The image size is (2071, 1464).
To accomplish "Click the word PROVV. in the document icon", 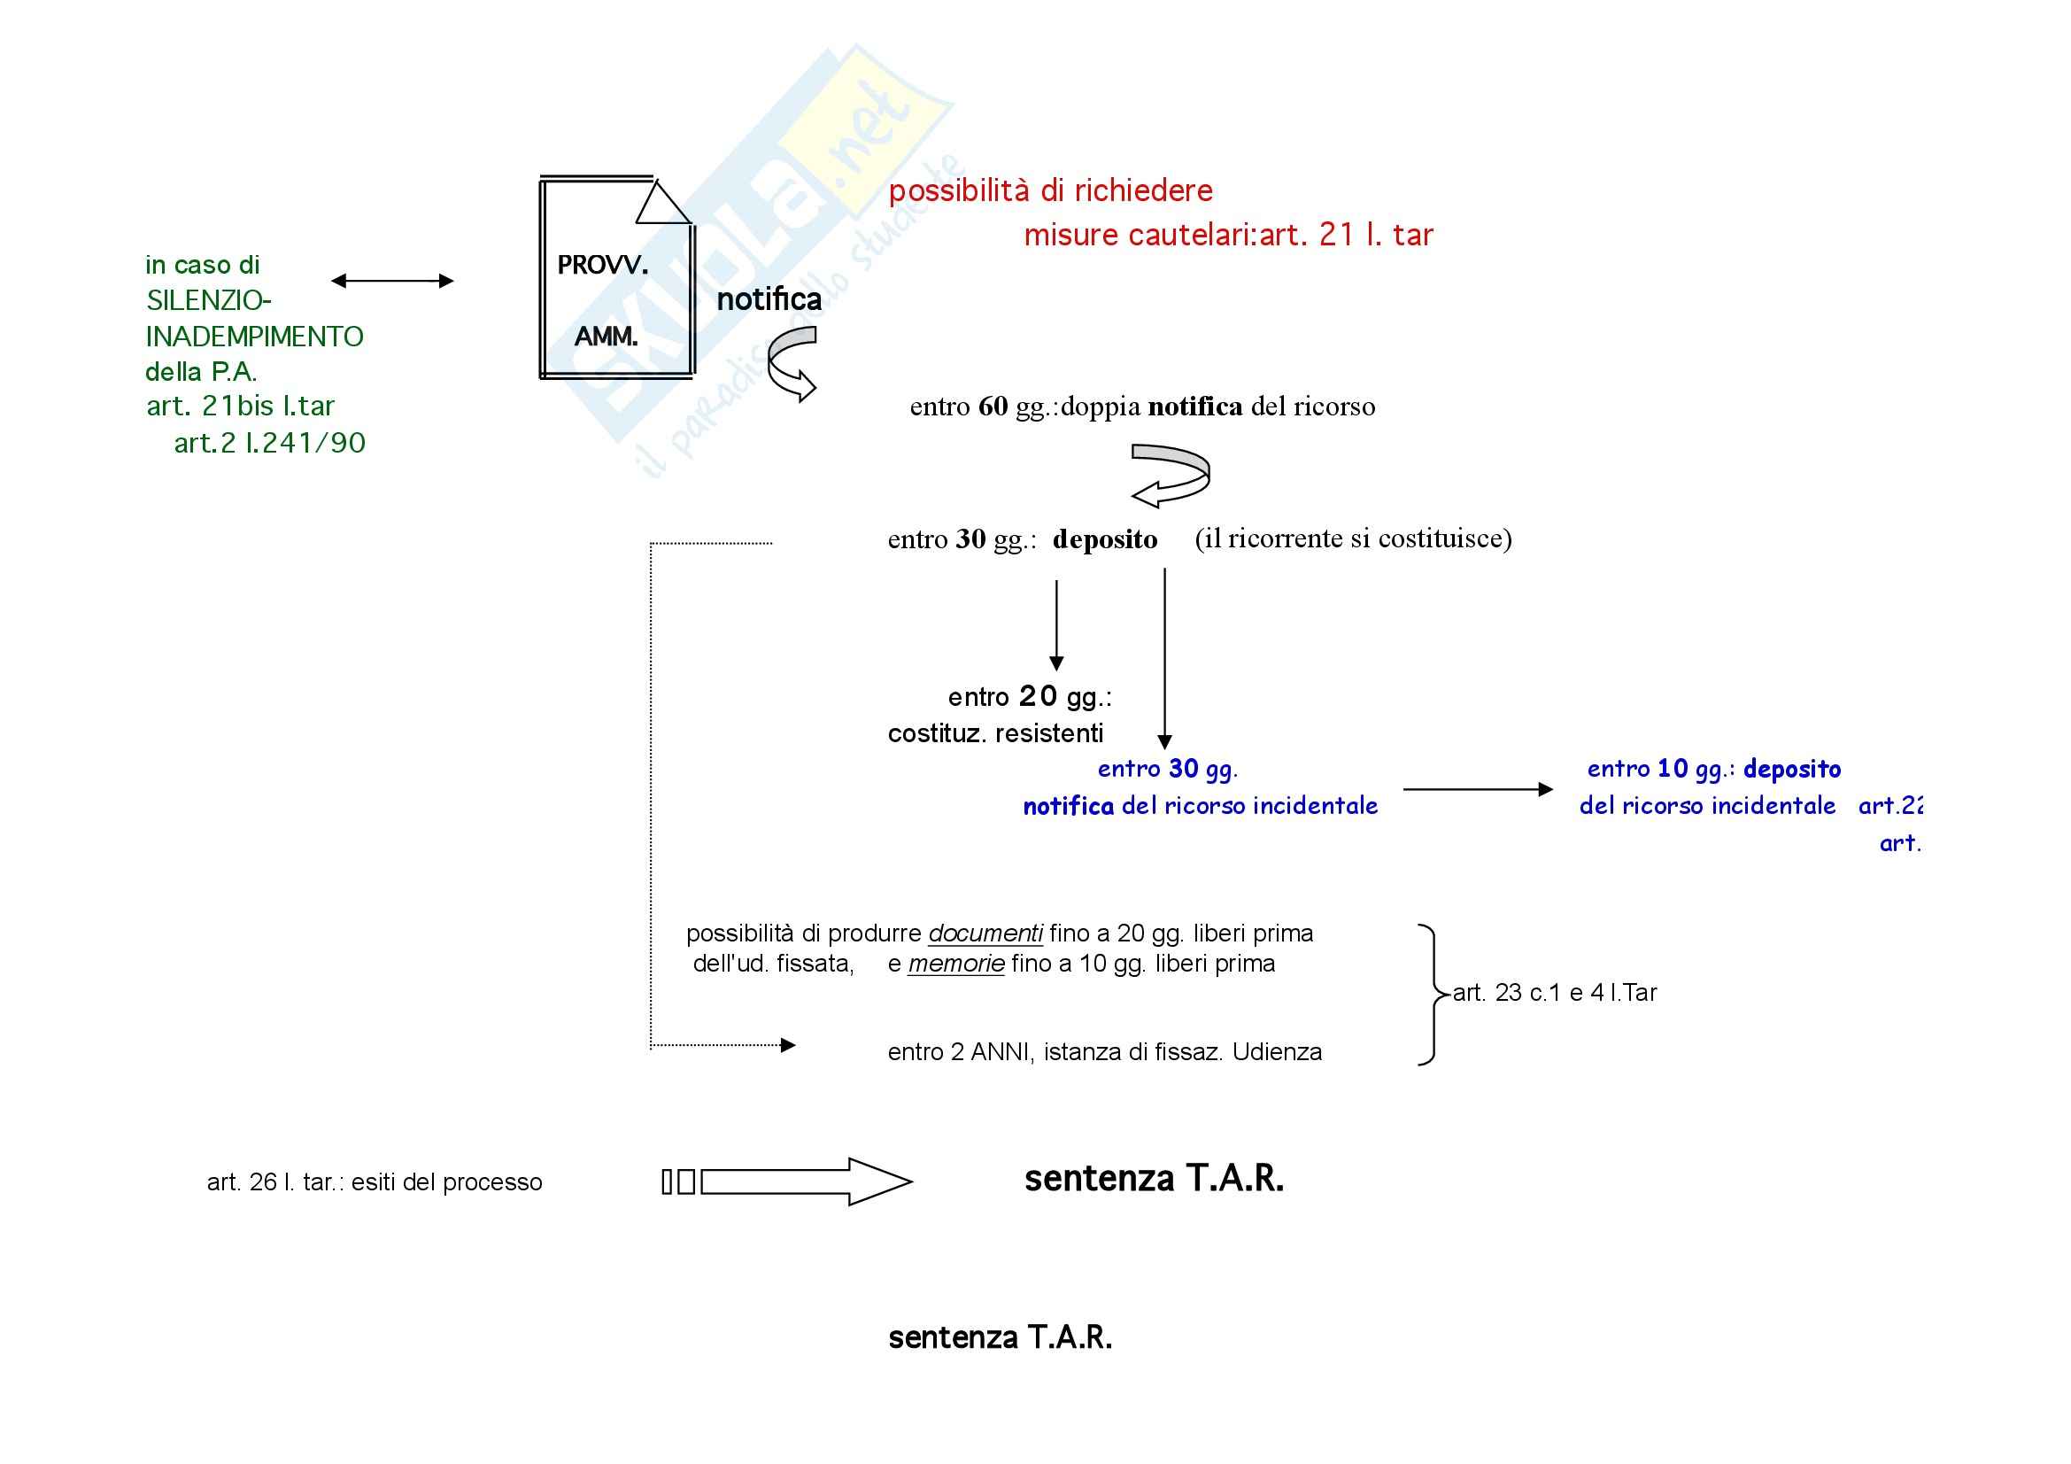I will coord(603,265).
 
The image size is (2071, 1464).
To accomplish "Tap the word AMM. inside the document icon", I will coord(607,337).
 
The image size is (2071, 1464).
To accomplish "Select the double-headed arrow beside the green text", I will coord(392,282).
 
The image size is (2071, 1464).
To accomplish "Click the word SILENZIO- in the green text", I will coord(208,300).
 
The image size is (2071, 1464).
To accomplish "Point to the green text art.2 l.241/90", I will coord(270,443).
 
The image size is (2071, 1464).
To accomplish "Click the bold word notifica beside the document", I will coord(769,299).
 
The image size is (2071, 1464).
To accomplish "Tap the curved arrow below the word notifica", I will coord(791,362).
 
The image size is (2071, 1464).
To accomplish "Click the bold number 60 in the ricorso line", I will coord(993,407).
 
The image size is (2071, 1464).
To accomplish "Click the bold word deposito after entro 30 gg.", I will coord(1105,539).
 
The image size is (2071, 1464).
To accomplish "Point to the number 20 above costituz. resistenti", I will coord(1038,696).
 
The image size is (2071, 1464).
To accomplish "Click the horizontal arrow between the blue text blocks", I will coord(1478,789).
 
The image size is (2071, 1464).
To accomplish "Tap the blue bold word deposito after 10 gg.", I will coord(1792,769).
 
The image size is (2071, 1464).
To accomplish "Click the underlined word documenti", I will coord(985,933).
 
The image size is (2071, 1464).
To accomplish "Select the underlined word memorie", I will coord(956,964).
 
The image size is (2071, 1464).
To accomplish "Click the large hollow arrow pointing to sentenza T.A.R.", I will coord(806,1181).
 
